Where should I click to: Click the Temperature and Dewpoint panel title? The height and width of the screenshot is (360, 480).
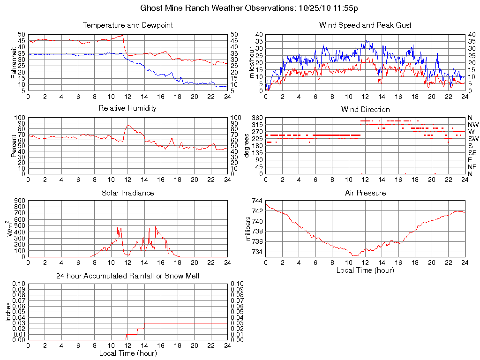[x=127, y=25]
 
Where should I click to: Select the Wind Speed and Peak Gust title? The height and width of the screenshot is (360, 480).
[x=365, y=25]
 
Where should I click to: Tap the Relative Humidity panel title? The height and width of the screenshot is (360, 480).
[x=127, y=108]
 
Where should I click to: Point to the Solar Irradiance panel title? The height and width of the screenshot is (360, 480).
[x=127, y=193]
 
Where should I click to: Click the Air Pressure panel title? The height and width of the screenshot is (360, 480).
[x=365, y=193]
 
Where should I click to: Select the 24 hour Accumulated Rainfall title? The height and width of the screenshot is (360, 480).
[x=127, y=276]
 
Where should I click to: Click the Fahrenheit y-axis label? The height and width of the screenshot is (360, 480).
[x=14, y=62]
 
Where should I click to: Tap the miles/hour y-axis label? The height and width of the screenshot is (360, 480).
[x=252, y=62]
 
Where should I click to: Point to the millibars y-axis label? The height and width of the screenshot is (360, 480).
[x=250, y=229]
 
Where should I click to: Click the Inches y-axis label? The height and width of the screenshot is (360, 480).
[x=8, y=312]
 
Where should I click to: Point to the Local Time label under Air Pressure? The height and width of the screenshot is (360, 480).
[x=365, y=270]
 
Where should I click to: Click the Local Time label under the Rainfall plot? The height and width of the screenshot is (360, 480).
[x=127, y=353]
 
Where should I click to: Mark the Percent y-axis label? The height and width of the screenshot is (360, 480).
[x=14, y=146]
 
